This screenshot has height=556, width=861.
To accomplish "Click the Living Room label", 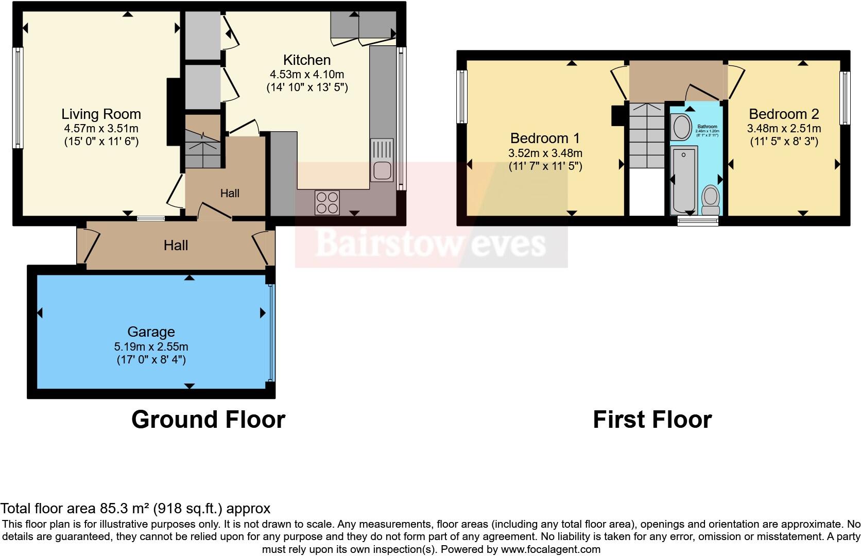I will coord(101,114).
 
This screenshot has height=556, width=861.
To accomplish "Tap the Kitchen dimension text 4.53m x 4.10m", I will coord(307,75).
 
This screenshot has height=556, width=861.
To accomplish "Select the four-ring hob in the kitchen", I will coord(327,202).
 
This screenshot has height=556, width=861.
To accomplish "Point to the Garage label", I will coord(151,332).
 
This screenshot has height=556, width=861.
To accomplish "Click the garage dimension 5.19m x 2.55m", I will coord(151,346).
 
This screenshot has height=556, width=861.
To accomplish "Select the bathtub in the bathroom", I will coord(683,180).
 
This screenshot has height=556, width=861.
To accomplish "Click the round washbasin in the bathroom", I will coord(682,127).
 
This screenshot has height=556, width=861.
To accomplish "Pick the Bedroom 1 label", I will coord(545,138).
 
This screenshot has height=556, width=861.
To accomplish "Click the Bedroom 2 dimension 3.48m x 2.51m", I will coord(784,128).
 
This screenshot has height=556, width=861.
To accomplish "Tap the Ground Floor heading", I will coord(208,420).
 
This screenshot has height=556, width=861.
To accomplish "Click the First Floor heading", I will coord(652,420).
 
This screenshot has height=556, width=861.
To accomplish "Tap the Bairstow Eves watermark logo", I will coord(430,242).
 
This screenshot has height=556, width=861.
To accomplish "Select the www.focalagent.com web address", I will coord(550,549).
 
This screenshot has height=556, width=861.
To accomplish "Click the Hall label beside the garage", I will coord(176,245).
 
